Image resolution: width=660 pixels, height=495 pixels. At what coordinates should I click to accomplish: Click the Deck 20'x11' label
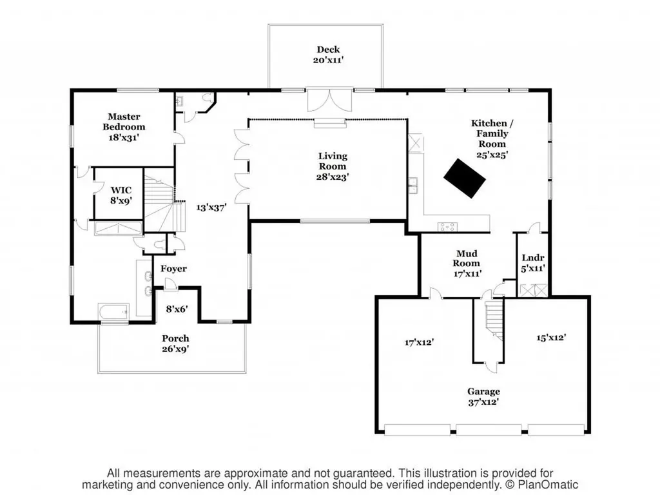327,54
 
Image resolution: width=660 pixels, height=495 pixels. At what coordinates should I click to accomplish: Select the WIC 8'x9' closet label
121,195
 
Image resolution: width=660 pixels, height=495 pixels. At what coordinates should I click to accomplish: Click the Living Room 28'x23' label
333,166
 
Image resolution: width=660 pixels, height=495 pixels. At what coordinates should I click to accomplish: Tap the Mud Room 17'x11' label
467,263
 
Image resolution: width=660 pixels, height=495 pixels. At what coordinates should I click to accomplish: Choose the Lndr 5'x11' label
533,263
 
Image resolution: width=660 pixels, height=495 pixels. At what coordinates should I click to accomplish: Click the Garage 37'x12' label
483,396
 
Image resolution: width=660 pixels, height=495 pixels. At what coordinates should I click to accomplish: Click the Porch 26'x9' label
175,344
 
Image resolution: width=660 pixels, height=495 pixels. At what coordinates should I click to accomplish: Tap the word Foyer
174,269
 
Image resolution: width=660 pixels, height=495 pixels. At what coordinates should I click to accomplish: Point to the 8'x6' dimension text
176,309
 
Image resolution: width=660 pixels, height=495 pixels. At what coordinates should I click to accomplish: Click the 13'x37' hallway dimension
211,208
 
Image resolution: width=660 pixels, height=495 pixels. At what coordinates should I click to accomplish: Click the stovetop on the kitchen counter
447,226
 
